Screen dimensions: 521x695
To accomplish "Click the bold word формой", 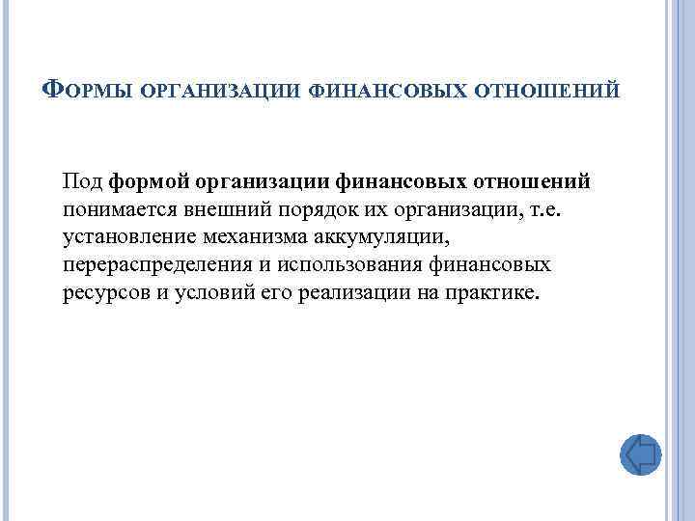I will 169,181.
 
